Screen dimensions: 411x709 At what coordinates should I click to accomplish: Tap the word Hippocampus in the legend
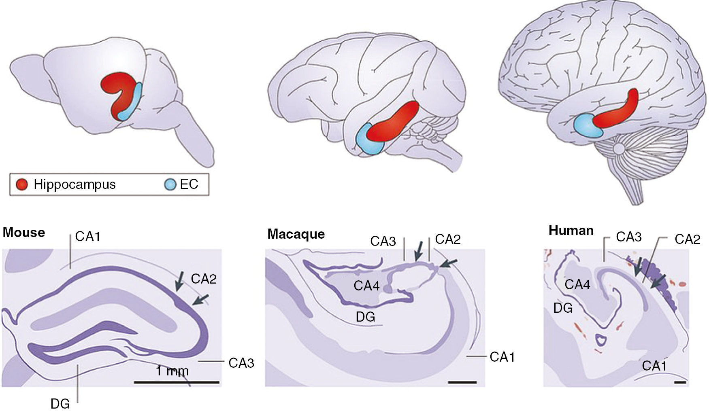click(75, 184)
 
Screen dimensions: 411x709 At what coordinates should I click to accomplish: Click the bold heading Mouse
click(24, 233)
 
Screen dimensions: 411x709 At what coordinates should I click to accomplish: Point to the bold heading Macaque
click(296, 234)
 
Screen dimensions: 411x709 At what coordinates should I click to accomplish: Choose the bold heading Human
click(571, 231)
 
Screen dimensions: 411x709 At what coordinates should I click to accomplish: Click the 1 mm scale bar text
click(172, 371)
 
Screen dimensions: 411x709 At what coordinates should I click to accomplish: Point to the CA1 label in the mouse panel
click(88, 236)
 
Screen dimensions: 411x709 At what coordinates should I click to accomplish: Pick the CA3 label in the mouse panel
click(241, 363)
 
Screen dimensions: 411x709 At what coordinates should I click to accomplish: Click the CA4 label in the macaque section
click(366, 286)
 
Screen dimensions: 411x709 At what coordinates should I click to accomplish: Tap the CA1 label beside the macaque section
click(502, 357)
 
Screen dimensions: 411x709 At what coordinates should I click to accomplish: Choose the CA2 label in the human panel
click(687, 239)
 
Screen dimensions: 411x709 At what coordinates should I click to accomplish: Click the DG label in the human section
click(563, 308)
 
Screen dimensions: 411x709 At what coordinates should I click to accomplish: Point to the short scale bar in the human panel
click(680, 381)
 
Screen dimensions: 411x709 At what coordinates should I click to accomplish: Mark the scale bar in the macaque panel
click(463, 381)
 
